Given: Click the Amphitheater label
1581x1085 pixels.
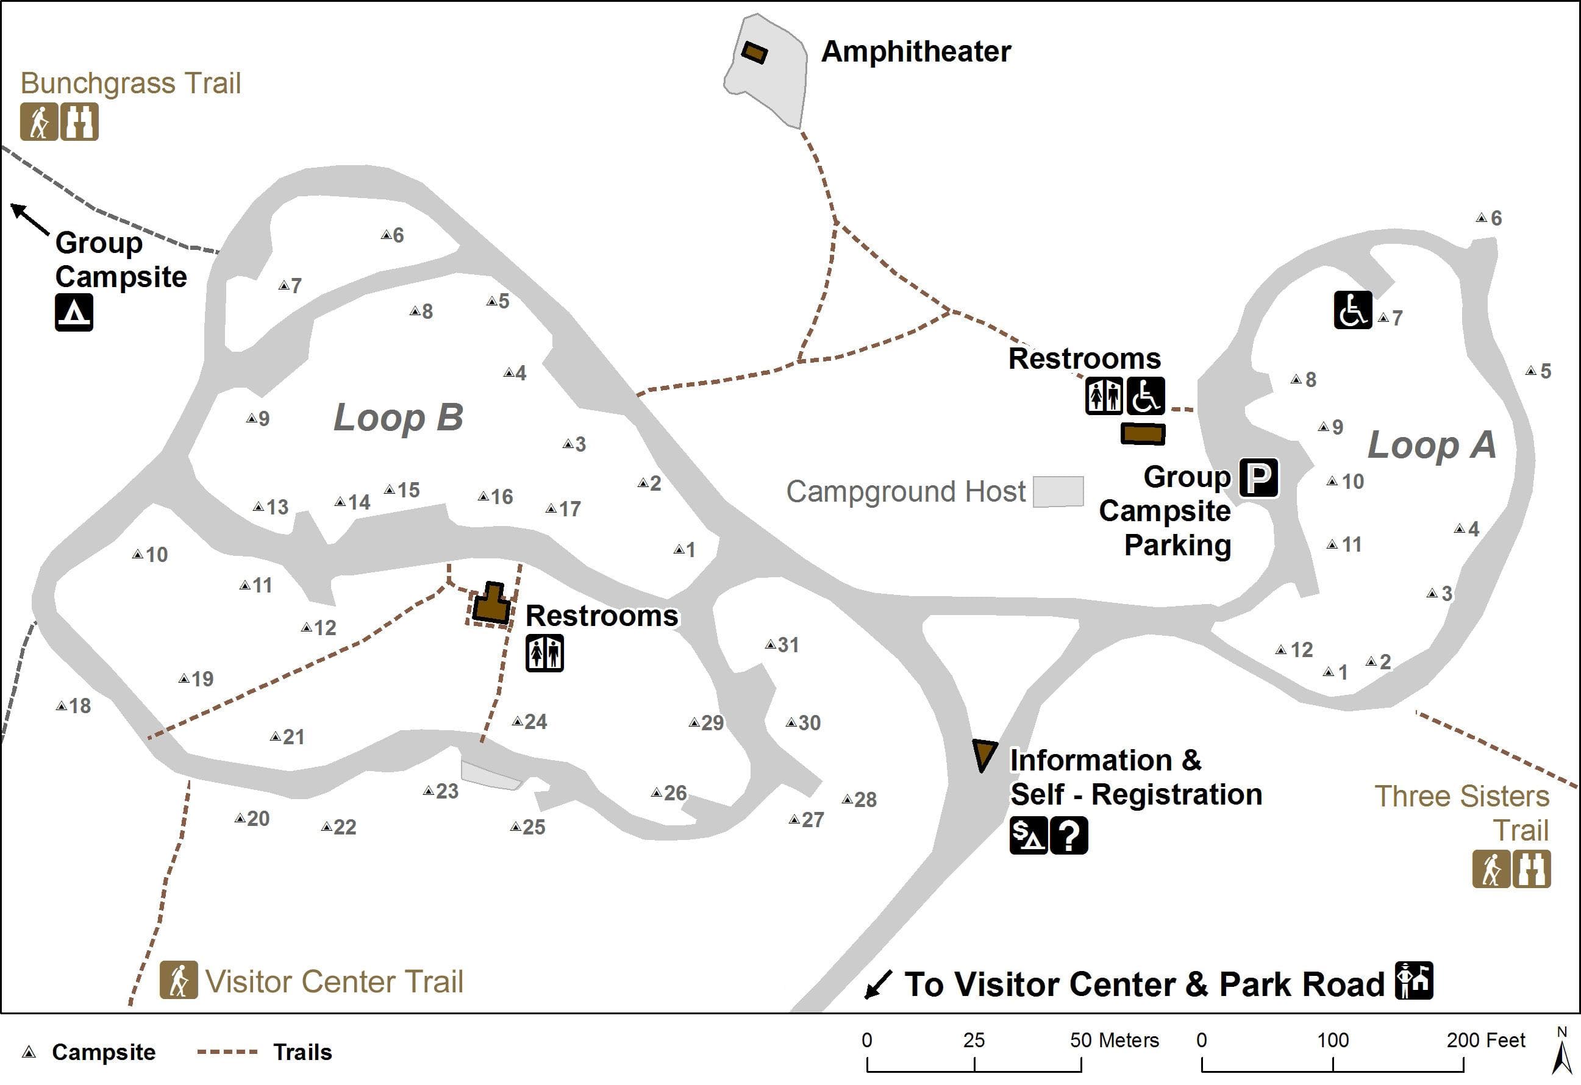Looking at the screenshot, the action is click(916, 52).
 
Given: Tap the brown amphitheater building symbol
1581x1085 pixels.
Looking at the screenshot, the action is click(754, 52).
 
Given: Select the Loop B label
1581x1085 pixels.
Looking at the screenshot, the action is click(398, 417).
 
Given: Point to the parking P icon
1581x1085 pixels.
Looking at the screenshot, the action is click(1258, 477).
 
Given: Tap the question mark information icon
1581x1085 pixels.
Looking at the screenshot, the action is click(1069, 835).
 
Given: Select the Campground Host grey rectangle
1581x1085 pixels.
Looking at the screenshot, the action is click(1058, 491).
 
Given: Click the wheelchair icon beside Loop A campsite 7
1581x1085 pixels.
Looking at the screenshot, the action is click(1352, 310).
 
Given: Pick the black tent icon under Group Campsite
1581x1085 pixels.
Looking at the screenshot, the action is click(74, 313).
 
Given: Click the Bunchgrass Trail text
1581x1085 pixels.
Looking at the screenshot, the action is click(130, 83).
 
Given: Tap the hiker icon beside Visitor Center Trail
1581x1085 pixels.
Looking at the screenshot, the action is click(179, 980).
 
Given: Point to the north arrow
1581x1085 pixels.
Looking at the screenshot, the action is click(1563, 1051).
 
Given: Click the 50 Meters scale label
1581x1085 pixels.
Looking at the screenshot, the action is click(1113, 1040).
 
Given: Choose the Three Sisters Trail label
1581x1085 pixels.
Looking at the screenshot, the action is click(1461, 813).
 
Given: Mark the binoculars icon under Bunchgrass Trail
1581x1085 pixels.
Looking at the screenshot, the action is click(80, 122).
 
